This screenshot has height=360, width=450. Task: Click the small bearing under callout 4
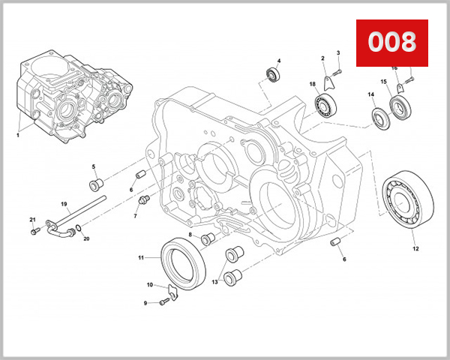tap(274, 75)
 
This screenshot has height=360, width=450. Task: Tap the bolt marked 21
tap(34, 232)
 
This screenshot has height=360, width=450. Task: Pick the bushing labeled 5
tap(96, 184)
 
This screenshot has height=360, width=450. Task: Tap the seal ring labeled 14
tap(378, 117)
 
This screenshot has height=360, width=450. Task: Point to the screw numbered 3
tap(336, 70)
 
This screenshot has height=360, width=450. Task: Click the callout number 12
tap(415, 248)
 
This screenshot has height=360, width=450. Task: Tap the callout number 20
tap(86, 239)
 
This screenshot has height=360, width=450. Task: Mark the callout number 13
tap(215, 282)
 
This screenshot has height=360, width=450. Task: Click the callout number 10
tap(150, 285)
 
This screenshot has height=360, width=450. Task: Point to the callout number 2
tap(322, 58)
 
